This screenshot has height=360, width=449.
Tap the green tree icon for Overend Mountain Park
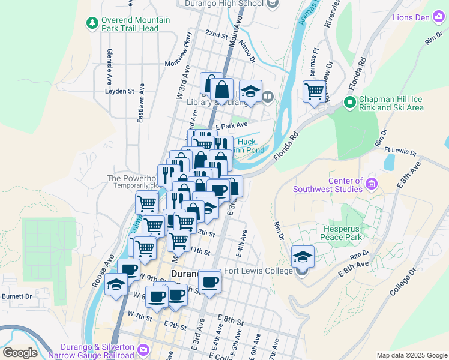92,23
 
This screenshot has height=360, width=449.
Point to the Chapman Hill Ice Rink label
391,103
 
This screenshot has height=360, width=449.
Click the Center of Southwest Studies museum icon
371,182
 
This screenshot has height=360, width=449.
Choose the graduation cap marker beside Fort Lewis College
303,257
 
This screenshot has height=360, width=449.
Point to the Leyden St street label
119,91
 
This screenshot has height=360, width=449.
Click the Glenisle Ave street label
110,66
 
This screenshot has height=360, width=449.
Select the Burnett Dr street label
16,296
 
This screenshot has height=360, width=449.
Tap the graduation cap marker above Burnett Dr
116,284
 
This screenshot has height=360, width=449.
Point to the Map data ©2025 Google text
411,355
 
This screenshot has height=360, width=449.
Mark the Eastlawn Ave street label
140,107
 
